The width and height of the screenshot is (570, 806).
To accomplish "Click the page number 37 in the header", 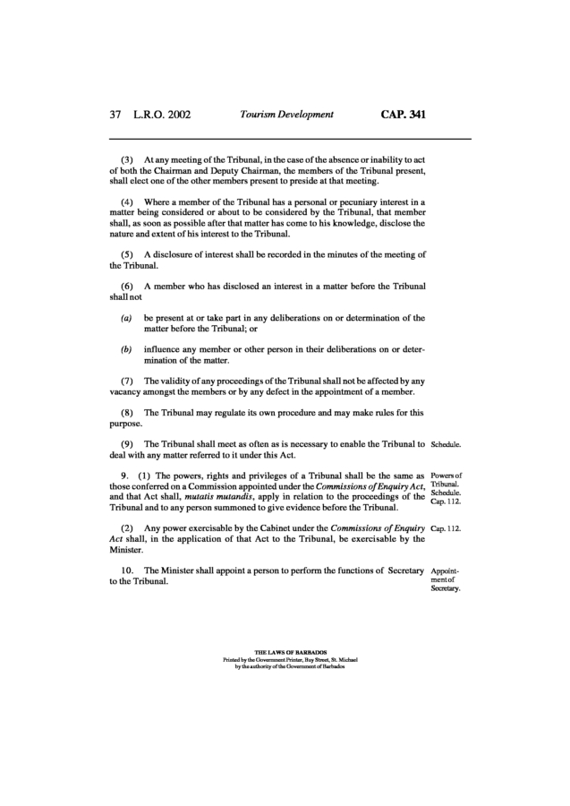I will click(115, 115).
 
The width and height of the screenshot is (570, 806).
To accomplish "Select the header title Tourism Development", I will click(286, 115).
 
